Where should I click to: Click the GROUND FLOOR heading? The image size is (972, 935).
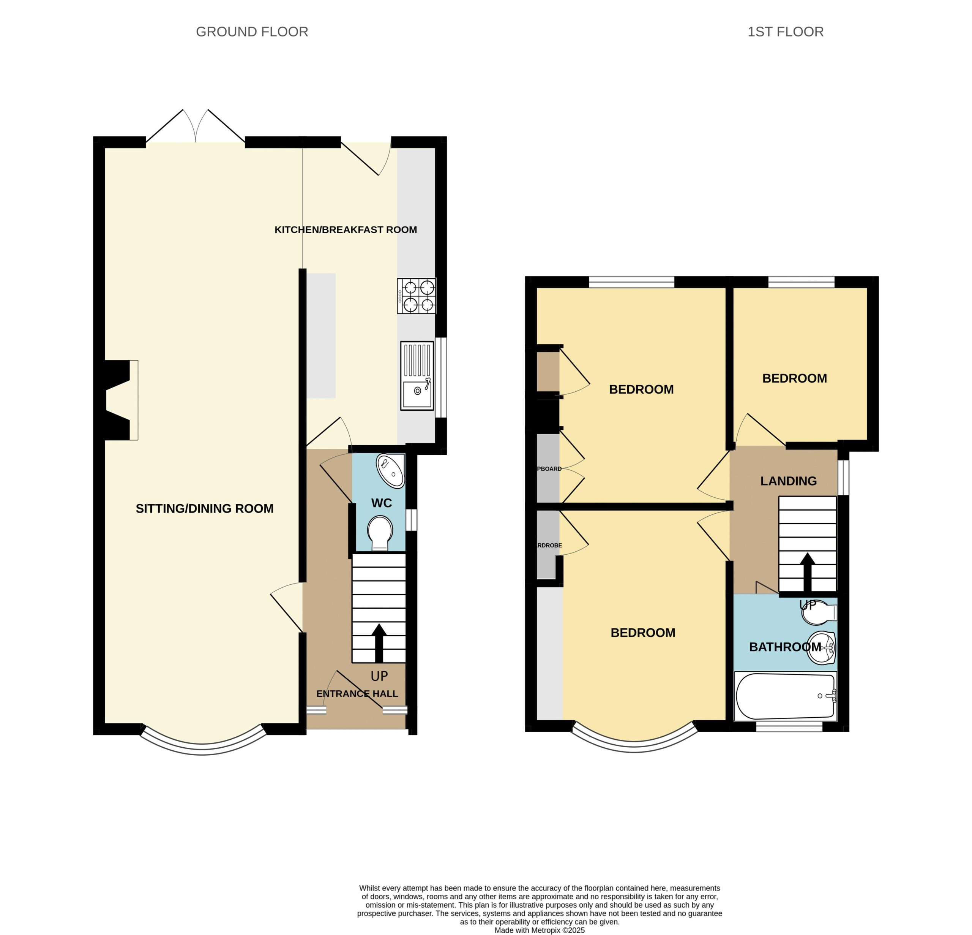252,32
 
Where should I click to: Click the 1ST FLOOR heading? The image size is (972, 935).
786,32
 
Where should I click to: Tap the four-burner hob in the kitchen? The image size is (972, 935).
417,296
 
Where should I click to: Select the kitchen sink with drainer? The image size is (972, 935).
417,376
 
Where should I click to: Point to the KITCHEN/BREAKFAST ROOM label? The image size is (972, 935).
346,230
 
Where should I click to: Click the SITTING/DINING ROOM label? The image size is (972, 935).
205,509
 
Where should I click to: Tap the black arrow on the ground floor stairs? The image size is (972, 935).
379,643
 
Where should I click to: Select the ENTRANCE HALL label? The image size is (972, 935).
357,694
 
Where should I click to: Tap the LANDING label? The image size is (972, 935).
789,481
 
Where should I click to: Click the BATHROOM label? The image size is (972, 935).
785,647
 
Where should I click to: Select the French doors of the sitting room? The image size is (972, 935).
196,126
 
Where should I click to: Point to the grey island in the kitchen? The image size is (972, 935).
321,335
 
